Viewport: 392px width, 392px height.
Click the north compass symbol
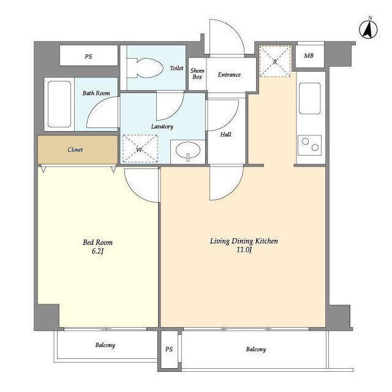tap(368, 29)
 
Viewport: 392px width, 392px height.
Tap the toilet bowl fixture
tap(146, 68)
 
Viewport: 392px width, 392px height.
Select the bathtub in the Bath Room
tap(59, 104)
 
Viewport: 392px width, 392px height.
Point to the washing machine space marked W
tap(140, 148)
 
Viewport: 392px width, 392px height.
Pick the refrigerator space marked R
tap(275, 61)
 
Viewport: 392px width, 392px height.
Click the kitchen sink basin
tap(310, 99)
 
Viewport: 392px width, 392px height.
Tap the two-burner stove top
tap(310, 145)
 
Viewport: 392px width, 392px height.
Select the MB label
tap(309, 56)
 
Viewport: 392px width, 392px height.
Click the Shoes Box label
tap(197, 73)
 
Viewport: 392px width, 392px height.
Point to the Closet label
tap(75, 149)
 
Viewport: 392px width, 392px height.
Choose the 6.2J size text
tap(97, 251)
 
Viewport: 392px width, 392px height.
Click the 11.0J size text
tap(244, 249)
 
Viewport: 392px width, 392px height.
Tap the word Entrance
tap(229, 75)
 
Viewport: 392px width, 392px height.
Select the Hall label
tap(225, 135)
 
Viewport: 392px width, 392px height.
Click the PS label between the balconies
tap(169, 349)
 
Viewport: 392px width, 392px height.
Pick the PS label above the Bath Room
tap(88, 56)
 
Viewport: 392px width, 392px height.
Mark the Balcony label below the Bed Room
tap(105, 345)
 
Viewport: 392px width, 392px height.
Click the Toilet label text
tap(176, 68)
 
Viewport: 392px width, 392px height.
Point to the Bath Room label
tap(96, 93)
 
